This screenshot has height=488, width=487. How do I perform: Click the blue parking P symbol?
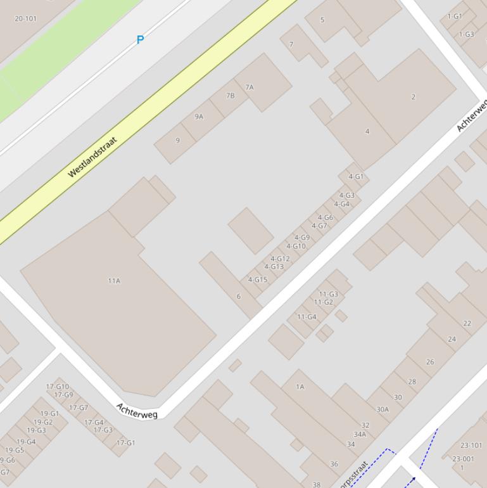(x=140, y=40)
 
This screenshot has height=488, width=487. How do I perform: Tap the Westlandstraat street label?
(x=92, y=157)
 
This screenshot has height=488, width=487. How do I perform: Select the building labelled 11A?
(x=114, y=281)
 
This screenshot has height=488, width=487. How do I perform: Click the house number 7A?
(x=250, y=87)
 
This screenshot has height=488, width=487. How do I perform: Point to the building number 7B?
(x=231, y=96)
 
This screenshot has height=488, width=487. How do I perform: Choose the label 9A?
(x=199, y=117)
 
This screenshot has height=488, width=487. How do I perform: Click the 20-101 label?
(x=25, y=19)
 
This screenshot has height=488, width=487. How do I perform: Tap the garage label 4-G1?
(x=356, y=177)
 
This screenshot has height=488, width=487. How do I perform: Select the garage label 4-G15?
(x=258, y=279)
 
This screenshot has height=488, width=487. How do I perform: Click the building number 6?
(x=239, y=296)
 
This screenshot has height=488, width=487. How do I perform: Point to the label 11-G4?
(x=307, y=317)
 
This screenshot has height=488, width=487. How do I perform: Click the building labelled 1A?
(x=300, y=387)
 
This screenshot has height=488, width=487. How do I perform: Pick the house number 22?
(x=467, y=323)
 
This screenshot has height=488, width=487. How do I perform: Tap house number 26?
(x=430, y=362)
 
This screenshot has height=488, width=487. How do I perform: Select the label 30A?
(x=383, y=409)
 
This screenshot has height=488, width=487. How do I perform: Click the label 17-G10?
(x=58, y=387)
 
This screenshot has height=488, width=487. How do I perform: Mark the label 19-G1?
(x=49, y=414)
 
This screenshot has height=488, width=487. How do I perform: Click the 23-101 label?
(x=471, y=446)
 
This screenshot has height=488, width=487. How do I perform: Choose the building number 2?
(x=414, y=97)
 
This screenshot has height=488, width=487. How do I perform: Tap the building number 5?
(x=322, y=20)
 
